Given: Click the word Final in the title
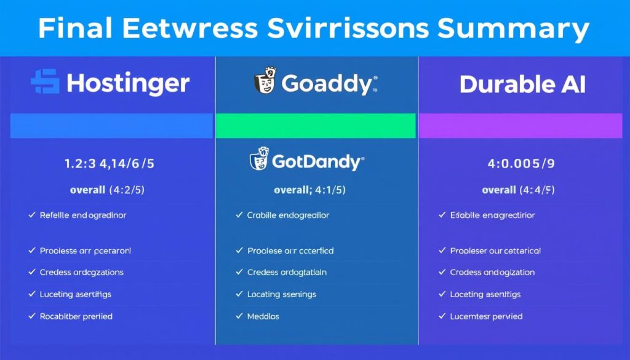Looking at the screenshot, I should [x=78, y=29].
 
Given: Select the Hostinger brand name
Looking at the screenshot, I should [x=128, y=84].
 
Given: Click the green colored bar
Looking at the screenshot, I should [x=316, y=126].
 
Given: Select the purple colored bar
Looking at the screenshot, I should [x=524, y=126].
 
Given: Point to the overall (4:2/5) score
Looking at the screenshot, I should [x=107, y=190].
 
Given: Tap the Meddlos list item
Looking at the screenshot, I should [x=263, y=316].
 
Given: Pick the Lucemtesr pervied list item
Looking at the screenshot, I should [x=486, y=316].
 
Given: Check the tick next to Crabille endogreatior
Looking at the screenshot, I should [x=239, y=215].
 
